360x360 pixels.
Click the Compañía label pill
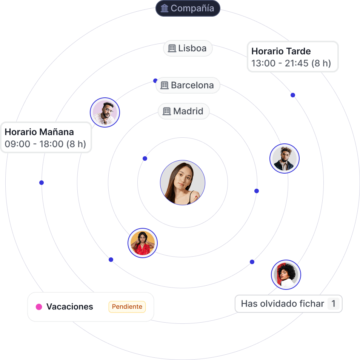pyautogui.click(x=188, y=8)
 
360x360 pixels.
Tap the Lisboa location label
pyautogui.click(x=188, y=48)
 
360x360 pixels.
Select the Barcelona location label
pyautogui.click(x=188, y=85)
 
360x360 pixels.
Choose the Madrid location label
pyautogui.click(x=184, y=111)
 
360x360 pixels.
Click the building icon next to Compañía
pyautogui.click(x=165, y=8)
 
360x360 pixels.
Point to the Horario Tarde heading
pyautogui.click(x=281, y=51)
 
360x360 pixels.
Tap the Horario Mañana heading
pyautogui.click(x=39, y=132)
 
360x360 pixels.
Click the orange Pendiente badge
pyautogui.click(x=127, y=307)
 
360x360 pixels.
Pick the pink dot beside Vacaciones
pyautogui.click(x=39, y=307)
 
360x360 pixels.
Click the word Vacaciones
pyautogui.click(x=70, y=307)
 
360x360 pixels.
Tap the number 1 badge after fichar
pyautogui.click(x=333, y=303)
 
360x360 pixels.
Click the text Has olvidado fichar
pyautogui.click(x=283, y=303)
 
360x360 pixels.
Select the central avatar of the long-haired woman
pyautogui.click(x=183, y=183)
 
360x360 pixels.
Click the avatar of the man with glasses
pyautogui.click(x=105, y=112)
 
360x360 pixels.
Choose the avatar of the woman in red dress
pyautogui.click(x=143, y=243)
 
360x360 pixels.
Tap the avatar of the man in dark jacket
pyautogui.click(x=285, y=158)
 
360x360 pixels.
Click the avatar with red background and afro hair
pyautogui.click(x=286, y=275)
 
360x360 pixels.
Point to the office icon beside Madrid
pyautogui.click(x=167, y=111)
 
